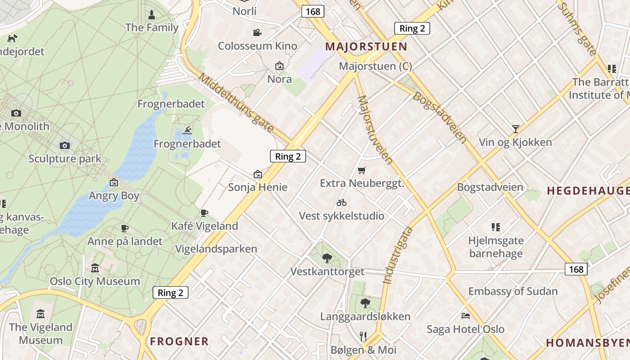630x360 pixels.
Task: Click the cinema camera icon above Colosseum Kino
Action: pyautogui.click(x=257, y=32)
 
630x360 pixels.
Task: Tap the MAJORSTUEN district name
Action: pyautogui.click(x=366, y=46)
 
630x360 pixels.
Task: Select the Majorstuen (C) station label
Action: pyautogui.click(x=375, y=66)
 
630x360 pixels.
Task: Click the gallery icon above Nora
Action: pyautogui.click(x=279, y=66)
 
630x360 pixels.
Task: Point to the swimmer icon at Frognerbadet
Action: pyautogui.click(x=188, y=131)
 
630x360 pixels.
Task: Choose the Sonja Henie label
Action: pyautogui.click(x=257, y=187)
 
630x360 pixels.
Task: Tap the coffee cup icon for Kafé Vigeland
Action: pyautogui.click(x=204, y=213)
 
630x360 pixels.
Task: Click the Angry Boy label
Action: pyautogui.click(x=114, y=196)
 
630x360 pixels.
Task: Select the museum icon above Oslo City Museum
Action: pyautogui.click(x=95, y=268)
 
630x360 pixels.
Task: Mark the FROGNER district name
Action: pyautogui.click(x=179, y=341)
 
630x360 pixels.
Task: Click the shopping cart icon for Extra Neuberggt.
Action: pyautogui.click(x=361, y=170)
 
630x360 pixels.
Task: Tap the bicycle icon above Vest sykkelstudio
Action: pyautogui.click(x=342, y=202)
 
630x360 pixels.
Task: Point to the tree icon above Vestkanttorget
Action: pyautogui.click(x=327, y=258)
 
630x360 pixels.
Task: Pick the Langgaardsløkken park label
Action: pyautogui.click(x=365, y=316)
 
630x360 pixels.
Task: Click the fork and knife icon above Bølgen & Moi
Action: pyautogui.click(x=364, y=336)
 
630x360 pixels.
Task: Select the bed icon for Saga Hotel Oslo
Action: pyautogui.click(x=466, y=316)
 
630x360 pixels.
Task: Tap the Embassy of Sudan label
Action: pyautogui.click(x=513, y=291)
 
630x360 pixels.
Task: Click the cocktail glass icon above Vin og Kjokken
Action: pyautogui.click(x=515, y=129)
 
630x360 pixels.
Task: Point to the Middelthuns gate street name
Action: pyautogui.click(x=236, y=103)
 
